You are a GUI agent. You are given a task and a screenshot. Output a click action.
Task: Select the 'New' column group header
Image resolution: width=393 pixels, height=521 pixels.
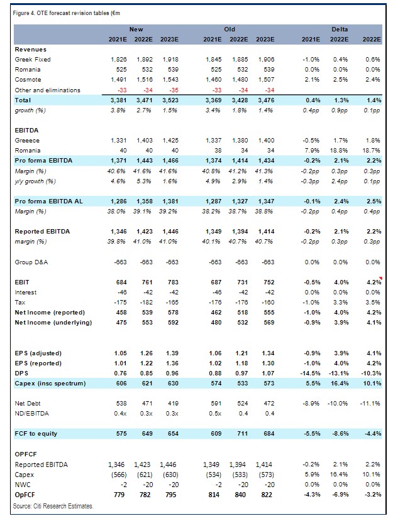(x=136, y=30)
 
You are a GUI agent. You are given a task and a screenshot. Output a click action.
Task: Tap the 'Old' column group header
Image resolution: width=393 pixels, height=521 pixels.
(x=230, y=30)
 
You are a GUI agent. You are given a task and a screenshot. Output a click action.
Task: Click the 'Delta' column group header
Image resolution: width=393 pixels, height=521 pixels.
(x=340, y=30)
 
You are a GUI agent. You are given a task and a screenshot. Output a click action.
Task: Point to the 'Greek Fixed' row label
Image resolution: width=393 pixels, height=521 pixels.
(x=33, y=60)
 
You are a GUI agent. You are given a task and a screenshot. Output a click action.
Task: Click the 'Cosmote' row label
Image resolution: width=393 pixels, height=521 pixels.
(x=28, y=80)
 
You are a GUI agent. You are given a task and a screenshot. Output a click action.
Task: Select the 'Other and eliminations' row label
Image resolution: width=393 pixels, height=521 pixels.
(x=48, y=90)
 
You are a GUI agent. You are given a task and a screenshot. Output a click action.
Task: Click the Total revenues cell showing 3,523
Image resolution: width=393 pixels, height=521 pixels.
(x=170, y=100)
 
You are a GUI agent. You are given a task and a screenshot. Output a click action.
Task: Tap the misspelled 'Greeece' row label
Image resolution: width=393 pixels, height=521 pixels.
(x=27, y=141)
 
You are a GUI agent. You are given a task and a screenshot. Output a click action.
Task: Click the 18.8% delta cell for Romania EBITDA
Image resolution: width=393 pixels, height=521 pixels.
(x=339, y=151)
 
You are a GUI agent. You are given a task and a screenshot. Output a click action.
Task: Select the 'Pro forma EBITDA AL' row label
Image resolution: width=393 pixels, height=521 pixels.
(x=48, y=201)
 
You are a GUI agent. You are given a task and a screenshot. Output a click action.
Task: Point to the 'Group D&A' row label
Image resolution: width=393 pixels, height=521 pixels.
(x=31, y=262)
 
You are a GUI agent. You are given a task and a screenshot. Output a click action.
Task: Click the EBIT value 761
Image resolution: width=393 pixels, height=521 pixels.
(x=147, y=282)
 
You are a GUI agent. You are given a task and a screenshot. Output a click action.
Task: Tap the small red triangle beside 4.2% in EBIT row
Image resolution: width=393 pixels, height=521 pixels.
(x=380, y=278)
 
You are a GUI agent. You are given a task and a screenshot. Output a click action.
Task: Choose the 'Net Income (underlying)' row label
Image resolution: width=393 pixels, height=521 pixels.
(x=53, y=323)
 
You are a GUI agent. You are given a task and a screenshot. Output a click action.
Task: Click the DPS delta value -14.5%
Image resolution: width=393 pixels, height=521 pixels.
(x=310, y=373)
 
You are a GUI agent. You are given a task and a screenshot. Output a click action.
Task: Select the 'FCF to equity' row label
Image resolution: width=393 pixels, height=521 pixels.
(x=36, y=434)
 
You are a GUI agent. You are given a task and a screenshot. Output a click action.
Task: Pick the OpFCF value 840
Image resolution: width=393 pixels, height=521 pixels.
(x=240, y=495)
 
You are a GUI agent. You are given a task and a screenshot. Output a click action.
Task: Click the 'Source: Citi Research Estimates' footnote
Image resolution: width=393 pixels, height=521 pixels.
(x=53, y=506)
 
